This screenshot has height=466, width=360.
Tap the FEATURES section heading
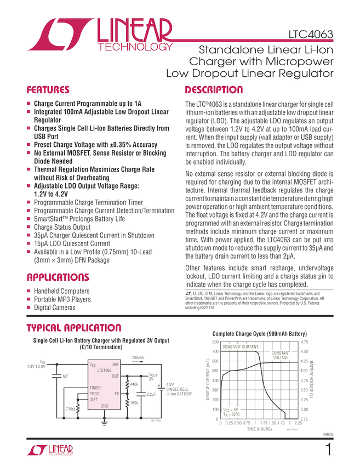click(48, 90)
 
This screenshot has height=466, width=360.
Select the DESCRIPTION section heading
click(214, 90)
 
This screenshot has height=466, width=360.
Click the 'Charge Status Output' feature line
click(62, 227)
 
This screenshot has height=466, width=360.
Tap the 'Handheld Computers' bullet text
click(61, 291)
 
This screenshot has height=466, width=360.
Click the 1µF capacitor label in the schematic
click(65, 376)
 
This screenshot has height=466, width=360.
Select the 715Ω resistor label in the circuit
click(70, 409)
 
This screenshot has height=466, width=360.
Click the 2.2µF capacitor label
click(151, 394)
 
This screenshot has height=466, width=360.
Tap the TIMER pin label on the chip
click(95, 388)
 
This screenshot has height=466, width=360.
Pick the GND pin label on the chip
click(104, 405)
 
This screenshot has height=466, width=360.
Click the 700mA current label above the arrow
click(138, 358)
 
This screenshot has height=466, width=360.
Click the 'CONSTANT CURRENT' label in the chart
click(240, 347)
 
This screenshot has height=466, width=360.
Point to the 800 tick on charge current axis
click(215, 342)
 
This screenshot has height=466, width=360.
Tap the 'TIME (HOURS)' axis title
click(259, 429)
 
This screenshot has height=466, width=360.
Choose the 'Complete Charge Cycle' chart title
click(259, 333)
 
